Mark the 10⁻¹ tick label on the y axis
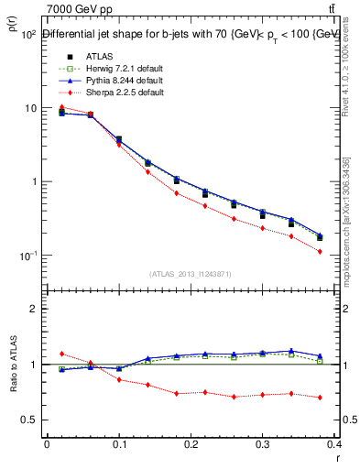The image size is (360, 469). click(28, 255)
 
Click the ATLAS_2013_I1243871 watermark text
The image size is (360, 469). click(190, 275)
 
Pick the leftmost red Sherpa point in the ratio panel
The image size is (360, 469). click(61, 353)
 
